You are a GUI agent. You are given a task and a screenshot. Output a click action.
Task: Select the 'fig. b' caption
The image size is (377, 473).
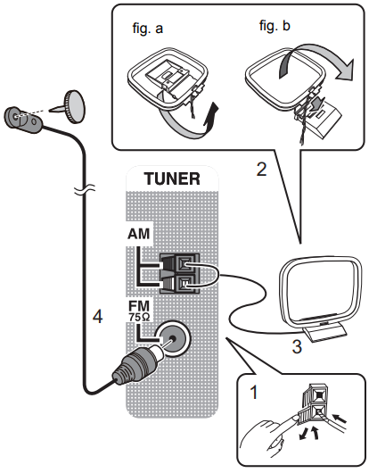(x=274, y=28)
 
